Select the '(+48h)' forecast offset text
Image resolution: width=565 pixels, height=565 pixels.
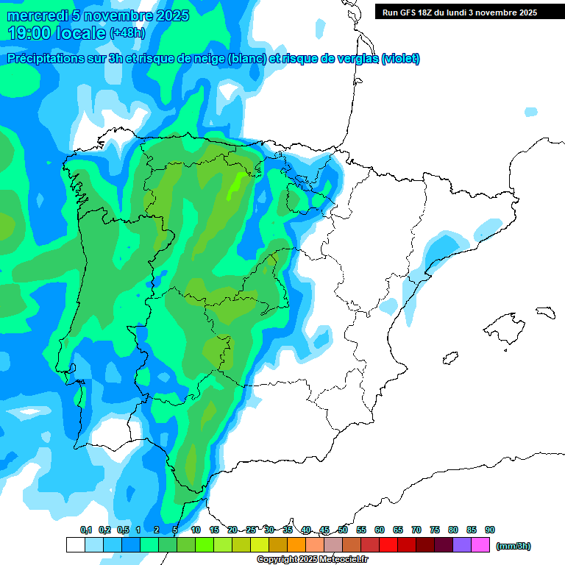coord(127,33)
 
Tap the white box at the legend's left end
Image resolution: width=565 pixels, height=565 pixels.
coord(75,545)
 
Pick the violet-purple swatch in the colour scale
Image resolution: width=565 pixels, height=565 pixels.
coord(461,545)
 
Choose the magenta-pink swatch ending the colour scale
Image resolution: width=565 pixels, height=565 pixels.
coord(480,545)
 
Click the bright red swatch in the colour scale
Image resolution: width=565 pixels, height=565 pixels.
coord(388,545)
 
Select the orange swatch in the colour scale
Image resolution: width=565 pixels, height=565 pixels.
coord(296,545)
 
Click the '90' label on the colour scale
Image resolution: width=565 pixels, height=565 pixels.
coord(490,530)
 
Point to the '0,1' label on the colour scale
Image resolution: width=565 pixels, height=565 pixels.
coord(86,530)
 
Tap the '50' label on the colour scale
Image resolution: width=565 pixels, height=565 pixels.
coord(343,530)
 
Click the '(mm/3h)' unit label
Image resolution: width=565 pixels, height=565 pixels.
coord(514,546)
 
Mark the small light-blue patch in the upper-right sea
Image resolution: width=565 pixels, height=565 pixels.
coord(530,112)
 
